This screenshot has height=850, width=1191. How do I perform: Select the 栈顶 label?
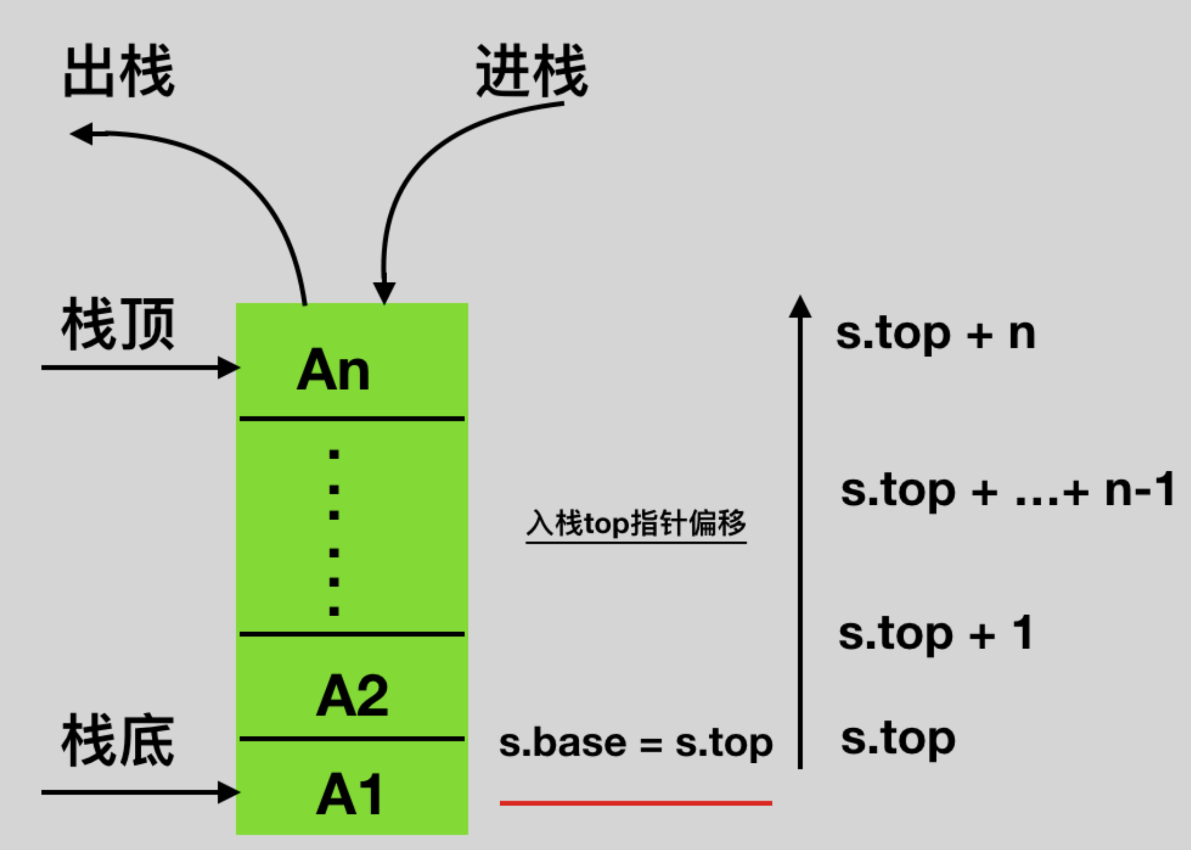(x=118, y=324)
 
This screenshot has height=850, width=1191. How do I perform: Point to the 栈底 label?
(x=118, y=740)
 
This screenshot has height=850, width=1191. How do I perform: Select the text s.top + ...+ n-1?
(x=1008, y=490)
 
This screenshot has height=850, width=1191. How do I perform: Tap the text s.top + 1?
(x=935, y=634)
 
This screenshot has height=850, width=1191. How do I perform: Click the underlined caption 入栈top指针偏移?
(x=636, y=523)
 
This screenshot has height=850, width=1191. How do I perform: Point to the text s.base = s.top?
(x=636, y=743)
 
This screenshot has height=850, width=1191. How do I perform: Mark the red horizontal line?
(x=636, y=803)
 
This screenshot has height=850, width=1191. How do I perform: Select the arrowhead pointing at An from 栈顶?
(x=228, y=367)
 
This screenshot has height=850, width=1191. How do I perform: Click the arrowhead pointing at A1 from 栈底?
(x=228, y=792)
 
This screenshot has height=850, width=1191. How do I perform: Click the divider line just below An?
(x=352, y=419)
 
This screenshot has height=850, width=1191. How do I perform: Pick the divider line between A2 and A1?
(x=352, y=739)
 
